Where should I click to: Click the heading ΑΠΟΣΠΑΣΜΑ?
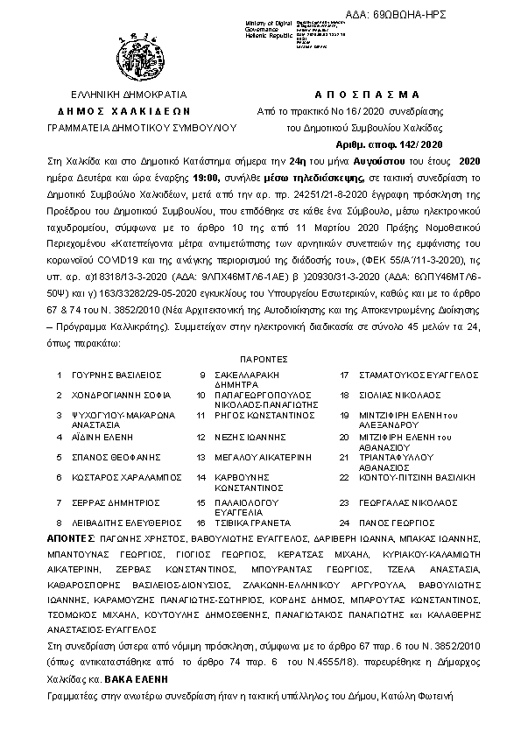pos(366,94)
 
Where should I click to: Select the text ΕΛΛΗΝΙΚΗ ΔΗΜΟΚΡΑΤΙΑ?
pos(130,94)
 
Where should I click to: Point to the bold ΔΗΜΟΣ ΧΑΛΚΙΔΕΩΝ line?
pos(130,111)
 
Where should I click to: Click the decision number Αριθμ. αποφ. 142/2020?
pos(390,144)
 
